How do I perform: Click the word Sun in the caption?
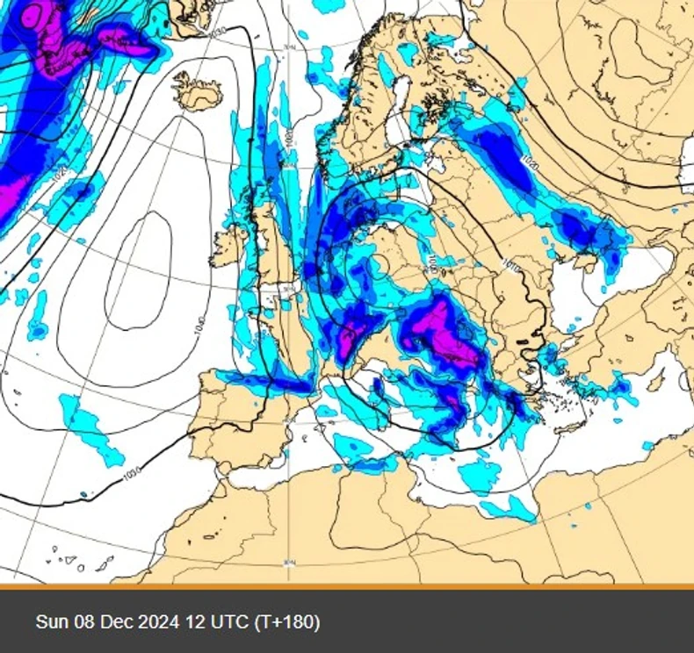(x=50, y=622)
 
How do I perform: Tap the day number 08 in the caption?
(x=83, y=622)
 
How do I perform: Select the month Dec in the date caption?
(x=114, y=622)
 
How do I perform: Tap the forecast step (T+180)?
(x=286, y=622)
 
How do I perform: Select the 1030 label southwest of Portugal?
(x=131, y=474)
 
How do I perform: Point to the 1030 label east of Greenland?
(x=217, y=32)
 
